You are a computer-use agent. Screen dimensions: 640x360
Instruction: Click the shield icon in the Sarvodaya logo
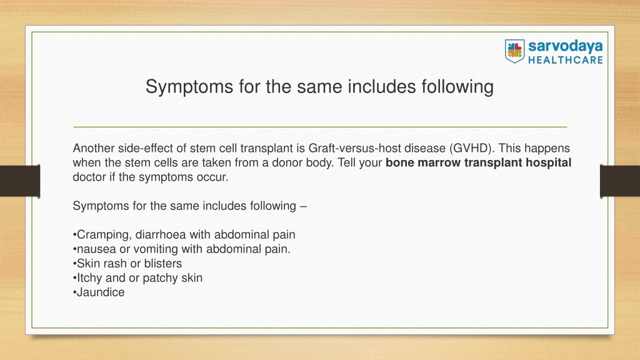514,51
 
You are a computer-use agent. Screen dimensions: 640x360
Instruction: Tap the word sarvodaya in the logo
565,46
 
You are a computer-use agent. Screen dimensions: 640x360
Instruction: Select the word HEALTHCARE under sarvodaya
565,60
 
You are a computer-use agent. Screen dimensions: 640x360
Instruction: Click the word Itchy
89,278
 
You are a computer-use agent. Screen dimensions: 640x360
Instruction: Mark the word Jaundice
101,292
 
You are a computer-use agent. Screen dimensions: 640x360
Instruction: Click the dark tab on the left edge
20,181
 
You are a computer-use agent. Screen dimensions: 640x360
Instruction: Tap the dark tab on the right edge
620,181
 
